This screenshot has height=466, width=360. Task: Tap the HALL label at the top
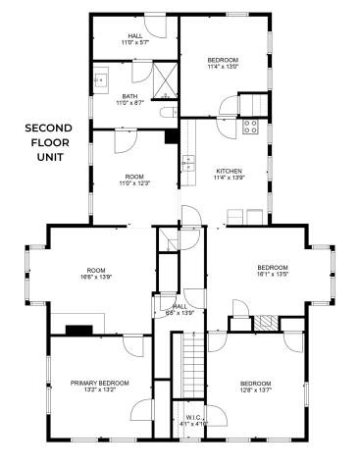click(134, 36)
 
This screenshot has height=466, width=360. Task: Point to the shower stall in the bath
click(164, 78)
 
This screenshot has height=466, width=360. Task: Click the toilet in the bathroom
click(166, 113)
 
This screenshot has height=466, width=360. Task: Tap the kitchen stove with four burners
click(250, 126)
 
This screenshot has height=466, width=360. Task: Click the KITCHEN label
click(229, 171)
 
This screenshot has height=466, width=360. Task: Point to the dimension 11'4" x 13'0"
click(223, 67)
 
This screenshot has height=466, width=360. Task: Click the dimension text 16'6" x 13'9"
click(95, 278)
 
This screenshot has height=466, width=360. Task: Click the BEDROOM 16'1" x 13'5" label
click(272, 272)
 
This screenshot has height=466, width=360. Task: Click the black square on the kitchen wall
click(172, 135)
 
